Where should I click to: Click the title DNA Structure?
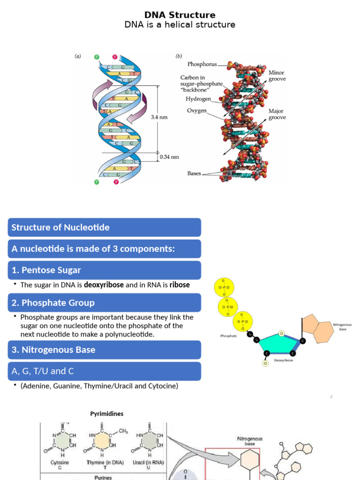[x=180, y=15]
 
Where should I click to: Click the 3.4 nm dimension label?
[x=159, y=118]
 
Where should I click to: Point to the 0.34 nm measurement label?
[x=170, y=157]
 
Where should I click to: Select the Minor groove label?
[x=277, y=76]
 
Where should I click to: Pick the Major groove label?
[x=277, y=115]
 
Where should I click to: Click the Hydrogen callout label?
[x=199, y=99]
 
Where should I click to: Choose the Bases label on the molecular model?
[x=194, y=173]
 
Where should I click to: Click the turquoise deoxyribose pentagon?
[x=280, y=345]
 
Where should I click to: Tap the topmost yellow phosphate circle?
[x=223, y=287]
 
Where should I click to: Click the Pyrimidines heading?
[x=107, y=414]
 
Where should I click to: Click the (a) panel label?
[x=78, y=56]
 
